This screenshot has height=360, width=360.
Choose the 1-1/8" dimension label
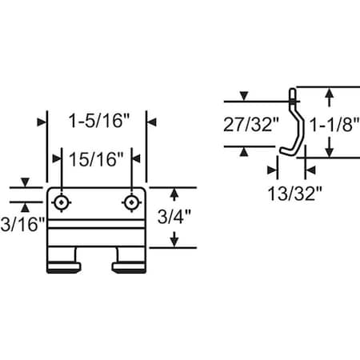(331, 125)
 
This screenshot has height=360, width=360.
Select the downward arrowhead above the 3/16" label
(25, 183)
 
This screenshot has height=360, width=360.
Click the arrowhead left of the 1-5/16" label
(42, 122)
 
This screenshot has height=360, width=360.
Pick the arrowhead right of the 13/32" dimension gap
(309, 170)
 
